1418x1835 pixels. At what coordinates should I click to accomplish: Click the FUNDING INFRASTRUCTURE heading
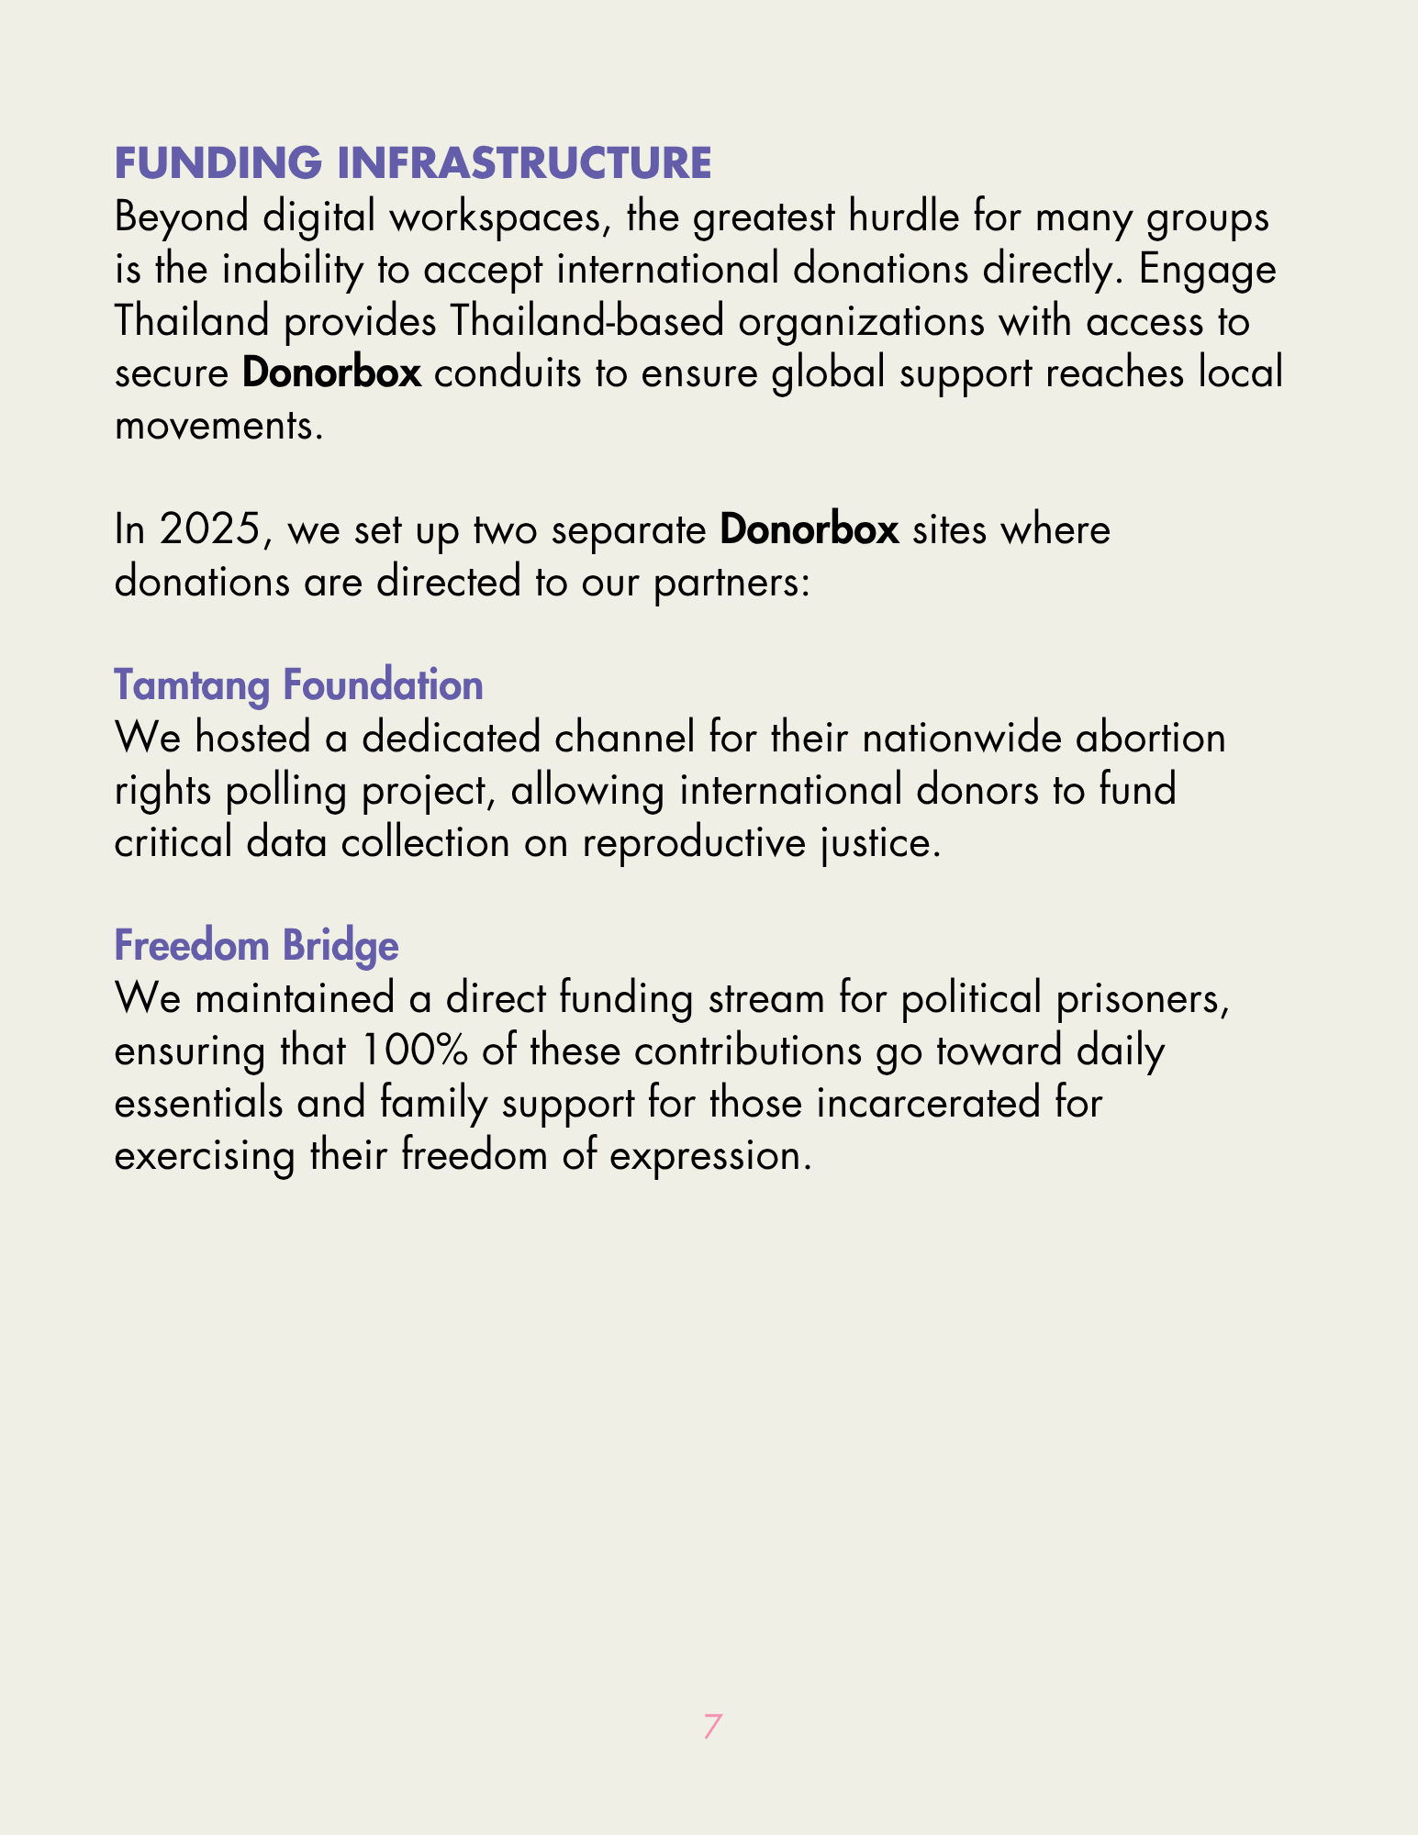coord(412,163)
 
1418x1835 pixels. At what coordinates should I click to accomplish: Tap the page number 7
coord(712,1727)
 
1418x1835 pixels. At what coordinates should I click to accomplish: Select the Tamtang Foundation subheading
coord(298,685)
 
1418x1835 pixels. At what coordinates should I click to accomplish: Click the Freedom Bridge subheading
coord(256,946)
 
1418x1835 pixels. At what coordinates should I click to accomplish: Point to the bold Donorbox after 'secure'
coord(331,374)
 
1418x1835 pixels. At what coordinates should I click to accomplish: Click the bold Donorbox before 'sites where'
coord(809,530)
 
